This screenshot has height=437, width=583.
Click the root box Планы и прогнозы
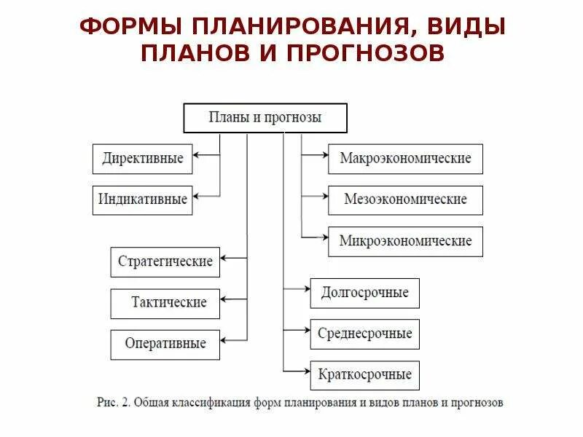(265, 118)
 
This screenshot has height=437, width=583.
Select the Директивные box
(143, 159)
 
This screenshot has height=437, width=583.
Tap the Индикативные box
(143, 200)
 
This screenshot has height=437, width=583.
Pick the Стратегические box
(165, 262)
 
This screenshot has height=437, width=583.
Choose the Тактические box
(165, 303)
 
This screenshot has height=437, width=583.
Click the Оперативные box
(165, 344)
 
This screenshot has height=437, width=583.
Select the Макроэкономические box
(405, 159)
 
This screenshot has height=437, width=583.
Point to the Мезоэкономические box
(405, 200)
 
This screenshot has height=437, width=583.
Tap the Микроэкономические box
(405, 241)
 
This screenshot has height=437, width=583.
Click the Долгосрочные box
(364, 293)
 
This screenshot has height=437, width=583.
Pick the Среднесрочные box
(364, 334)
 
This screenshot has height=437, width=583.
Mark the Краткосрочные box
(364, 375)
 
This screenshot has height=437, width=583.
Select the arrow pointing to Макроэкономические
(315, 154)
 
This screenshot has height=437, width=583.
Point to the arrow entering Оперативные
(233, 339)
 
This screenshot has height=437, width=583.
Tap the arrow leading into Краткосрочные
(297, 371)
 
